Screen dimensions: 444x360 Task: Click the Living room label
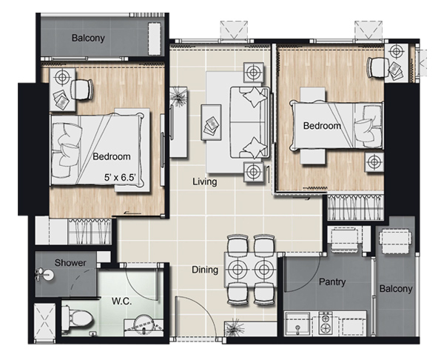coord(205,181)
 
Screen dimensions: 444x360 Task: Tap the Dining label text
coord(205,270)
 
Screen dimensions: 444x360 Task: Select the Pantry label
coord(332,281)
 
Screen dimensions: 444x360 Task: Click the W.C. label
coord(121,301)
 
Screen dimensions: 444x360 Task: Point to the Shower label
coord(70,263)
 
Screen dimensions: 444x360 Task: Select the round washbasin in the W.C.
coord(144,325)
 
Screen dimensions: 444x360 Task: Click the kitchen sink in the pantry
coord(297,324)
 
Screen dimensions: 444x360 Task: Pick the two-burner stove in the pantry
coord(326,324)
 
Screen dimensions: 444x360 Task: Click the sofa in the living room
coord(249,122)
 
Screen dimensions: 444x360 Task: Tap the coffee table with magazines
coord(211,122)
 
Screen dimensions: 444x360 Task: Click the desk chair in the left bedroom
coord(82,90)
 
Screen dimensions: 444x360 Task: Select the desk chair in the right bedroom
coord(377,67)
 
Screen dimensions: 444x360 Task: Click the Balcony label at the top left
coord(88,38)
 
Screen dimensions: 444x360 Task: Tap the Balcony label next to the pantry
coord(396,289)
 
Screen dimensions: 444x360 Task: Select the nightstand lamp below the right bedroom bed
coord(374,162)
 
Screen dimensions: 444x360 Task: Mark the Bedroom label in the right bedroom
coord(322,126)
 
